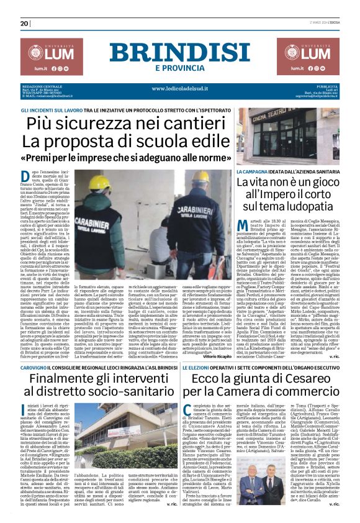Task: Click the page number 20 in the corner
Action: click(x=25, y=24)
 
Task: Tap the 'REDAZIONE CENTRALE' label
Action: click(x=40, y=85)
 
